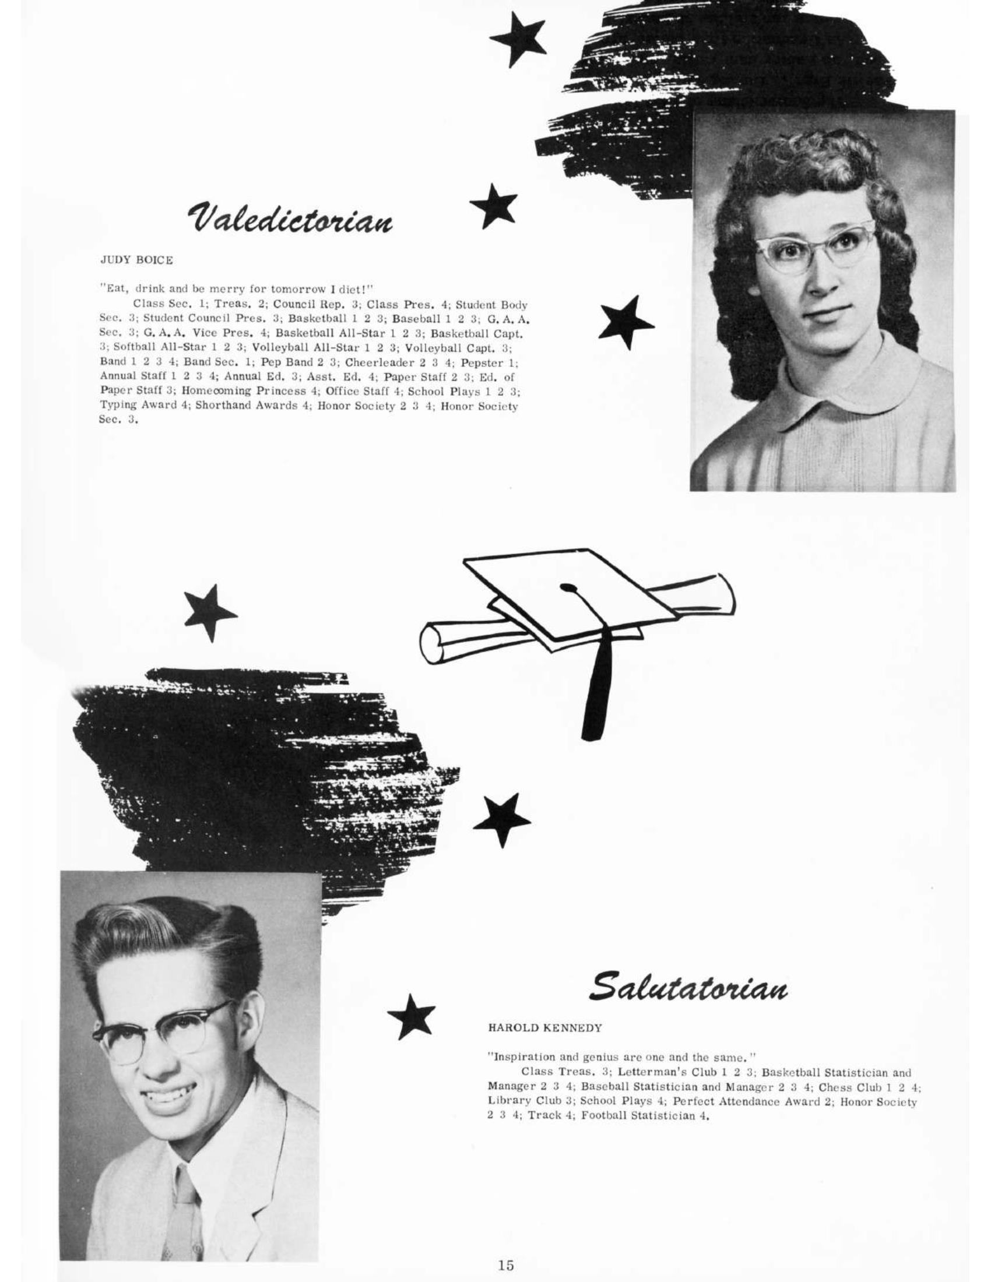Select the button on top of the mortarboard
(x=567, y=586)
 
